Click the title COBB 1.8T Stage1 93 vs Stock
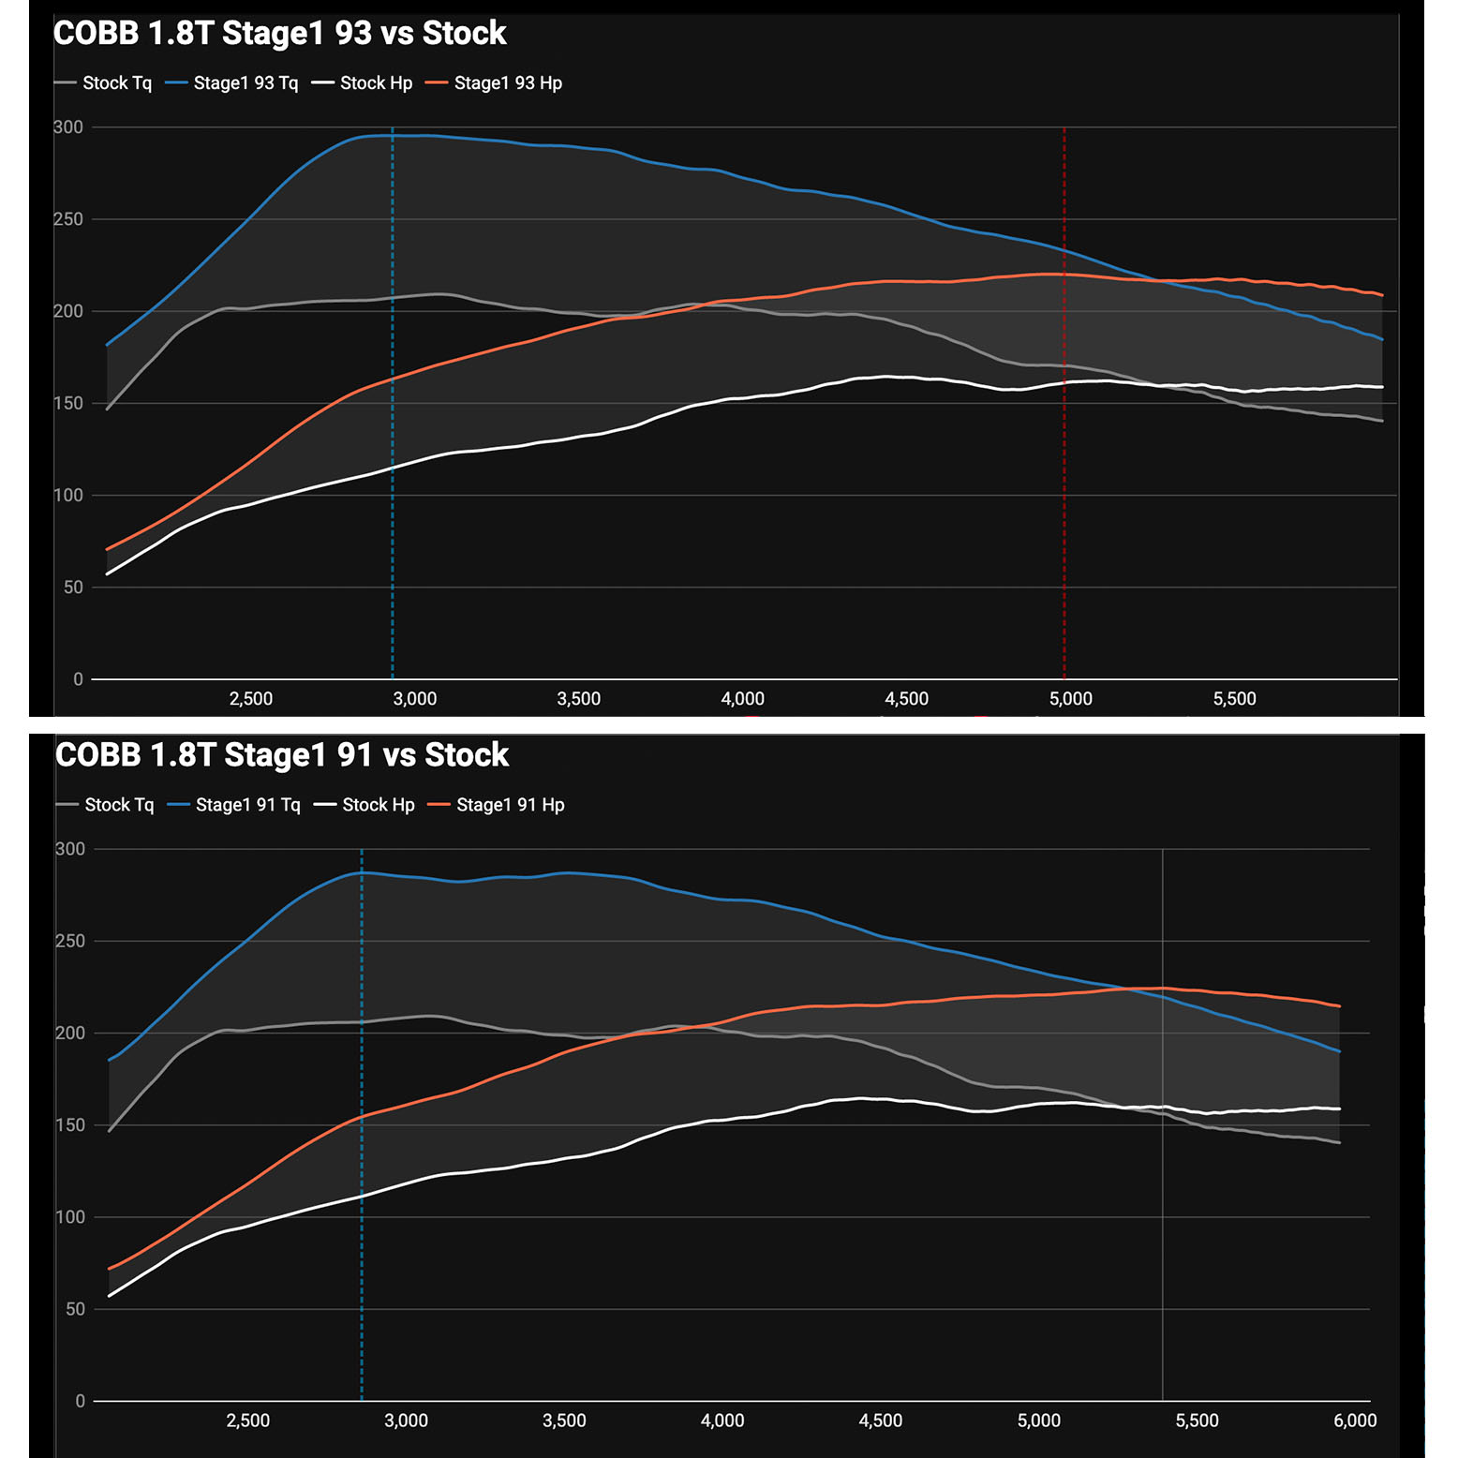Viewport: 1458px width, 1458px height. [x=279, y=34]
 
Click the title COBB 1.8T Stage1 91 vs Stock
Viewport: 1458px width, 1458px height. [x=281, y=755]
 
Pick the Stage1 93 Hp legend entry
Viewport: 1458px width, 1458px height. [x=507, y=83]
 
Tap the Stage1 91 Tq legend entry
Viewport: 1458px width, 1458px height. [x=247, y=805]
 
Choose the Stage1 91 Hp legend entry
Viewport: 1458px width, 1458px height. [x=510, y=805]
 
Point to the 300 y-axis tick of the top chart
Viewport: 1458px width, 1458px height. [x=68, y=127]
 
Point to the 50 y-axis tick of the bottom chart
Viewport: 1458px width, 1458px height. [x=75, y=1309]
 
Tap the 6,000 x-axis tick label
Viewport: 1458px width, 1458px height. [x=1355, y=1421]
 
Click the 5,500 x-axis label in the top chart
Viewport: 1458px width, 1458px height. [x=1234, y=699]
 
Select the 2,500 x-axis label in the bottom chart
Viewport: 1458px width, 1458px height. [x=248, y=1421]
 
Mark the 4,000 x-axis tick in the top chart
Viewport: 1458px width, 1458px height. [x=742, y=699]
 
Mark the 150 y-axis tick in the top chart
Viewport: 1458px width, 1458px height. [x=68, y=404]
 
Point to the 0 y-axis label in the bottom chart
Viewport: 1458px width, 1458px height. [x=80, y=1401]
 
